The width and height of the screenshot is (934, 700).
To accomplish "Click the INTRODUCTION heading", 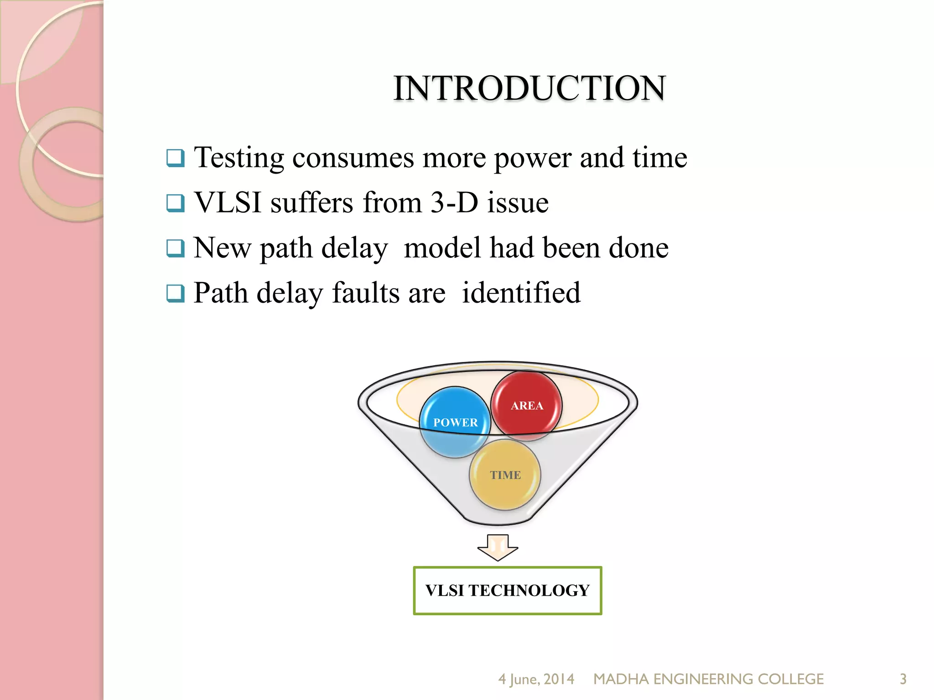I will [x=529, y=88].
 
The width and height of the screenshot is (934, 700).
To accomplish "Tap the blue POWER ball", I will [x=455, y=422].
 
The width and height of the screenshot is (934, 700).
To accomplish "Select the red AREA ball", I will [x=526, y=405].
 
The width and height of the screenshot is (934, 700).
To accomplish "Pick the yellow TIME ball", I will [x=505, y=475].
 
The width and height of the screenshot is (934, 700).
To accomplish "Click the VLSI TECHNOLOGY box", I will [x=507, y=591].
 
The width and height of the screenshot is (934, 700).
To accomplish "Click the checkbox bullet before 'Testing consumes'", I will [x=176, y=158].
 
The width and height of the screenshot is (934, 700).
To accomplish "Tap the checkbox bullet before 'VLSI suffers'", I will [x=176, y=203].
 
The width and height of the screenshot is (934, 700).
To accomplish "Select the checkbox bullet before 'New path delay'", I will [x=176, y=248].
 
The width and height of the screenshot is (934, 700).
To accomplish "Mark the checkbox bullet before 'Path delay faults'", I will [x=176, y=293].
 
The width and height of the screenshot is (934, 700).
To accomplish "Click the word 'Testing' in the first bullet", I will [x=239, y=158].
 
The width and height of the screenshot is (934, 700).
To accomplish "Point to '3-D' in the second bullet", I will [x=454, y=202].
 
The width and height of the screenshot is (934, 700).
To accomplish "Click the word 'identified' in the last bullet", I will [x=521, y=293].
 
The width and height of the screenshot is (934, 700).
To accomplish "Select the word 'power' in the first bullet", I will [x=532, y=158].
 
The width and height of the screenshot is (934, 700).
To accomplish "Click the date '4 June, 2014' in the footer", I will [x=536, y=679].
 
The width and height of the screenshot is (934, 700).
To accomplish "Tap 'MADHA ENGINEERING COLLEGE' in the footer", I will [x=708, y=679].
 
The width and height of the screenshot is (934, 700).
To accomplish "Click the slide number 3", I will [x=903, y=679].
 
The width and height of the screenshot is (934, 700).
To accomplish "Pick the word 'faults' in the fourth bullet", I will [x=389, y=293].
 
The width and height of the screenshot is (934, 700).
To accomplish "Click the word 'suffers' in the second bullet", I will [x=311, y=202].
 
